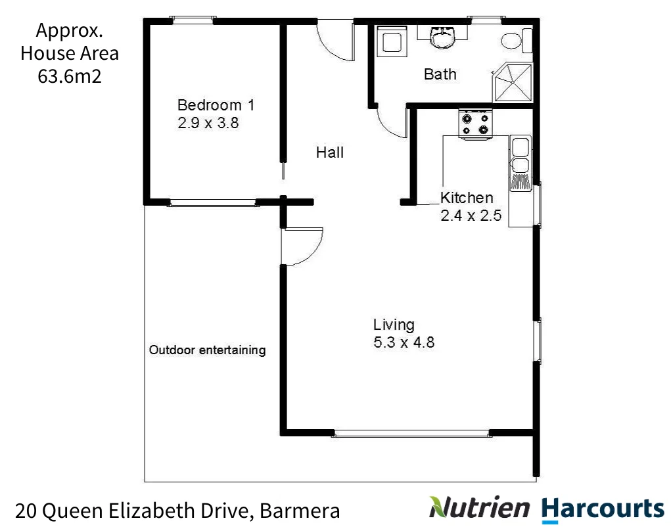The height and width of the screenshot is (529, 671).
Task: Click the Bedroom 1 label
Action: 216,105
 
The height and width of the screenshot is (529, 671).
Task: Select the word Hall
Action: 330,152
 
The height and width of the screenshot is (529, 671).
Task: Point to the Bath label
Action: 440,74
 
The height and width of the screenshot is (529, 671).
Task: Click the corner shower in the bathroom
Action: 513,83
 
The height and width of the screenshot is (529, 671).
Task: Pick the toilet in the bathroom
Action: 512,41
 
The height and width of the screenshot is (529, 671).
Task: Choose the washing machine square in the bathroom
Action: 392,41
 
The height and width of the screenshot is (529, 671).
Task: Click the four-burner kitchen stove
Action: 475,124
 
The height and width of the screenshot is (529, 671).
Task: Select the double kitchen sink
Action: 521,155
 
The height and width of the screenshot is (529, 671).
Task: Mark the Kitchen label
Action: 466,198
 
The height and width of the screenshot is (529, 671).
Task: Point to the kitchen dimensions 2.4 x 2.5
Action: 471,216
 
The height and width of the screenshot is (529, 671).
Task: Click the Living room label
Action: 394,325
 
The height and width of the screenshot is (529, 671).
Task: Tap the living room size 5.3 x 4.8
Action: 404,342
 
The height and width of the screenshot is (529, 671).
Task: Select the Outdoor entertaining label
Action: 207,350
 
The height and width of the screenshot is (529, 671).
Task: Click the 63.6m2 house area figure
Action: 70,76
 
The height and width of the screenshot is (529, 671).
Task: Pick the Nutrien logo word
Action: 480,507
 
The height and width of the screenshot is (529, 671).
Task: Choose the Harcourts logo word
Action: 603,508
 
